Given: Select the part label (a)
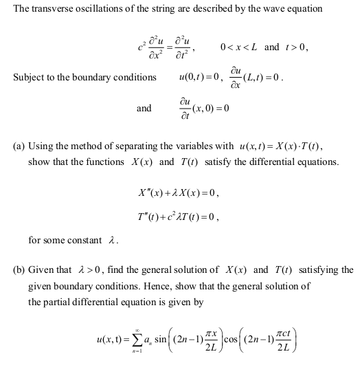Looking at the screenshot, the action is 19,146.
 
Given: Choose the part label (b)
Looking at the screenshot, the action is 19,269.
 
